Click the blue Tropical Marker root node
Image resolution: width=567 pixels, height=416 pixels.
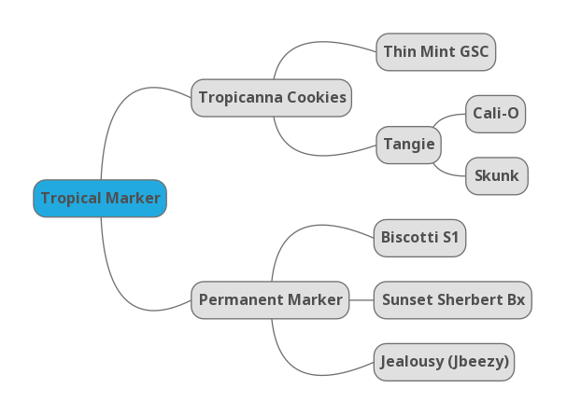point(100,199)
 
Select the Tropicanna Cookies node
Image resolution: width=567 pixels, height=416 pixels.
point(272,98)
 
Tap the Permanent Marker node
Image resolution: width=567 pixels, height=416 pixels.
point(270,300)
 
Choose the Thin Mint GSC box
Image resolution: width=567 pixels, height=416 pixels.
point(435,52)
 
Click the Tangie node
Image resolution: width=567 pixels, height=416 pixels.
point(408,145)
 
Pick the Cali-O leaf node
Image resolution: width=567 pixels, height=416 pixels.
point(495,114)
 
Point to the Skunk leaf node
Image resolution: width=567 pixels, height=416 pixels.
point(496,176)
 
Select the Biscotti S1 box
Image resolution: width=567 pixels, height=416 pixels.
point(419,238)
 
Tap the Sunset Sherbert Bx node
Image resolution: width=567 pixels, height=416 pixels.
point(453,300)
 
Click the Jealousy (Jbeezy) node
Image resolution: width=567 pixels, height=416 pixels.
point(444,362)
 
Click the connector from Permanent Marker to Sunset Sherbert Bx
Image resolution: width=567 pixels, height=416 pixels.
point(361,300)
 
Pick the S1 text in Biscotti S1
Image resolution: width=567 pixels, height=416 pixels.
point(449,238)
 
